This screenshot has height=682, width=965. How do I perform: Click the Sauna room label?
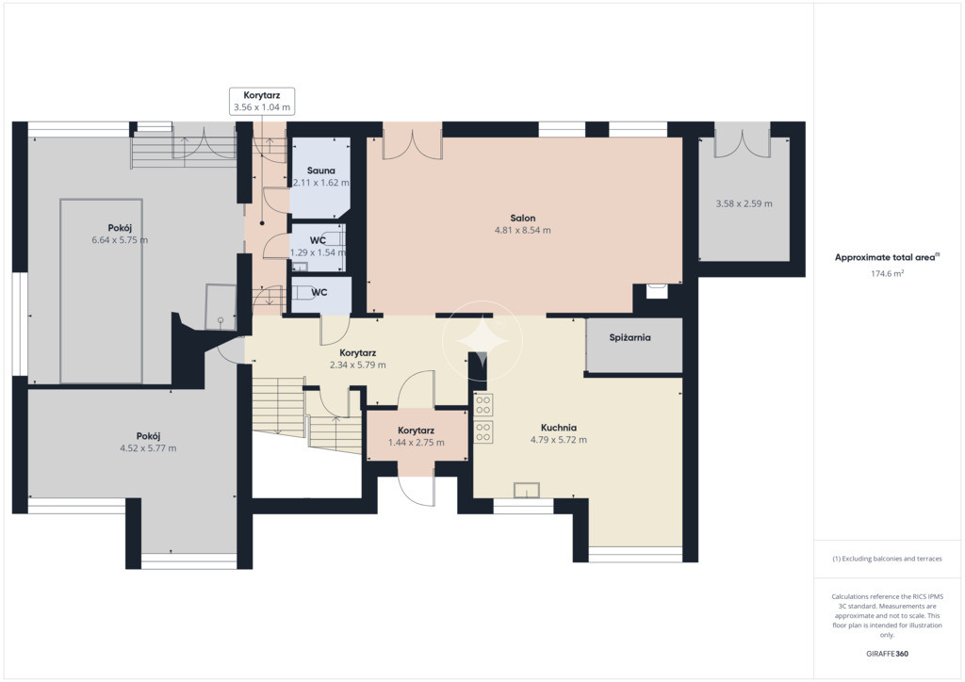[x=321, y=170]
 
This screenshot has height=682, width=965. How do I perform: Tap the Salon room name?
[x=522, y=218]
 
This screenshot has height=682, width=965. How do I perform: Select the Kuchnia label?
[x=559, y=428]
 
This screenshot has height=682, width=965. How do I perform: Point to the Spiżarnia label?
[x=630, y=337]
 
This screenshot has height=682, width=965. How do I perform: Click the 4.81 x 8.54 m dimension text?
[x=522, y=230]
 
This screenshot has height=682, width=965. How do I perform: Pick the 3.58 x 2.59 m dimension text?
[x=744, y=203]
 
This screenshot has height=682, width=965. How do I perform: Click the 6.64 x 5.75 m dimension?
[x=120, y=240]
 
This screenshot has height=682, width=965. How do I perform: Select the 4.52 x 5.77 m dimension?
[x=148, y=448]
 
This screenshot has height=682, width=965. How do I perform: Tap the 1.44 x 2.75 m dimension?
[x=416, y=442]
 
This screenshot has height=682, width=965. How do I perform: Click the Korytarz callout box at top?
[x=262, y=102]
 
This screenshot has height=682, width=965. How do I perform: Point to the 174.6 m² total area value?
[x=887, y=274]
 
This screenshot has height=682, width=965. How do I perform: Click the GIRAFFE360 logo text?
[x=887, y=654]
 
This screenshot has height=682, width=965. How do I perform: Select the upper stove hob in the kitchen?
[x=483, y=405]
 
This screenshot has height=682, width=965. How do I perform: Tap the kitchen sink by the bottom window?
[x=527, y=490]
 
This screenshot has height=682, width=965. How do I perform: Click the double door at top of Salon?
[x=413, y=141]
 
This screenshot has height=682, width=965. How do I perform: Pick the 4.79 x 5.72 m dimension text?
[x=558, y=440]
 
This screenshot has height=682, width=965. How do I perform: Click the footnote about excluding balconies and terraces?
[x=887, y=559]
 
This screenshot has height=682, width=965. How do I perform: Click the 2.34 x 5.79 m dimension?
[x=357, y=365]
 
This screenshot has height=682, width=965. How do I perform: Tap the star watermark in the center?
[x=482, y=340]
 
